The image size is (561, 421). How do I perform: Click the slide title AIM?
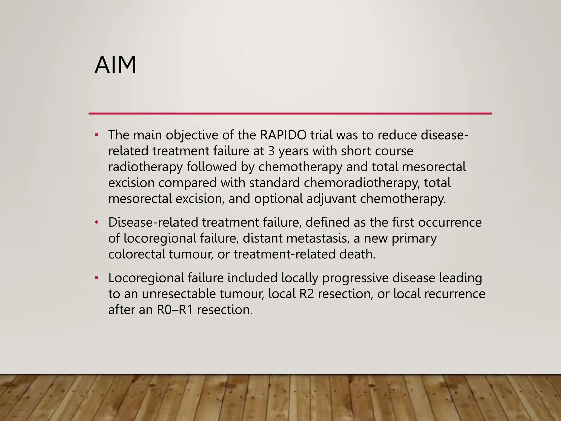click(115, 65)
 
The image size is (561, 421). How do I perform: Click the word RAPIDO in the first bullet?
click(283, 135)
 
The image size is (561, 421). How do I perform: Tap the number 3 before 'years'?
click(271, 151)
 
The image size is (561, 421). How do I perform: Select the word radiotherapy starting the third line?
click(145, 167)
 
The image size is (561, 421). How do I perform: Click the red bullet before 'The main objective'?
click(96, 135)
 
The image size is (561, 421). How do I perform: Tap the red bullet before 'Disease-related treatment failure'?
click(96, 222)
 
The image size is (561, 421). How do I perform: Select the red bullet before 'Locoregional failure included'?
click(96, 278)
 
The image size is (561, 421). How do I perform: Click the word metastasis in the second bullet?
click(317, 238)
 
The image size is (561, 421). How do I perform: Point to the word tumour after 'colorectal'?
click(191, 254)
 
